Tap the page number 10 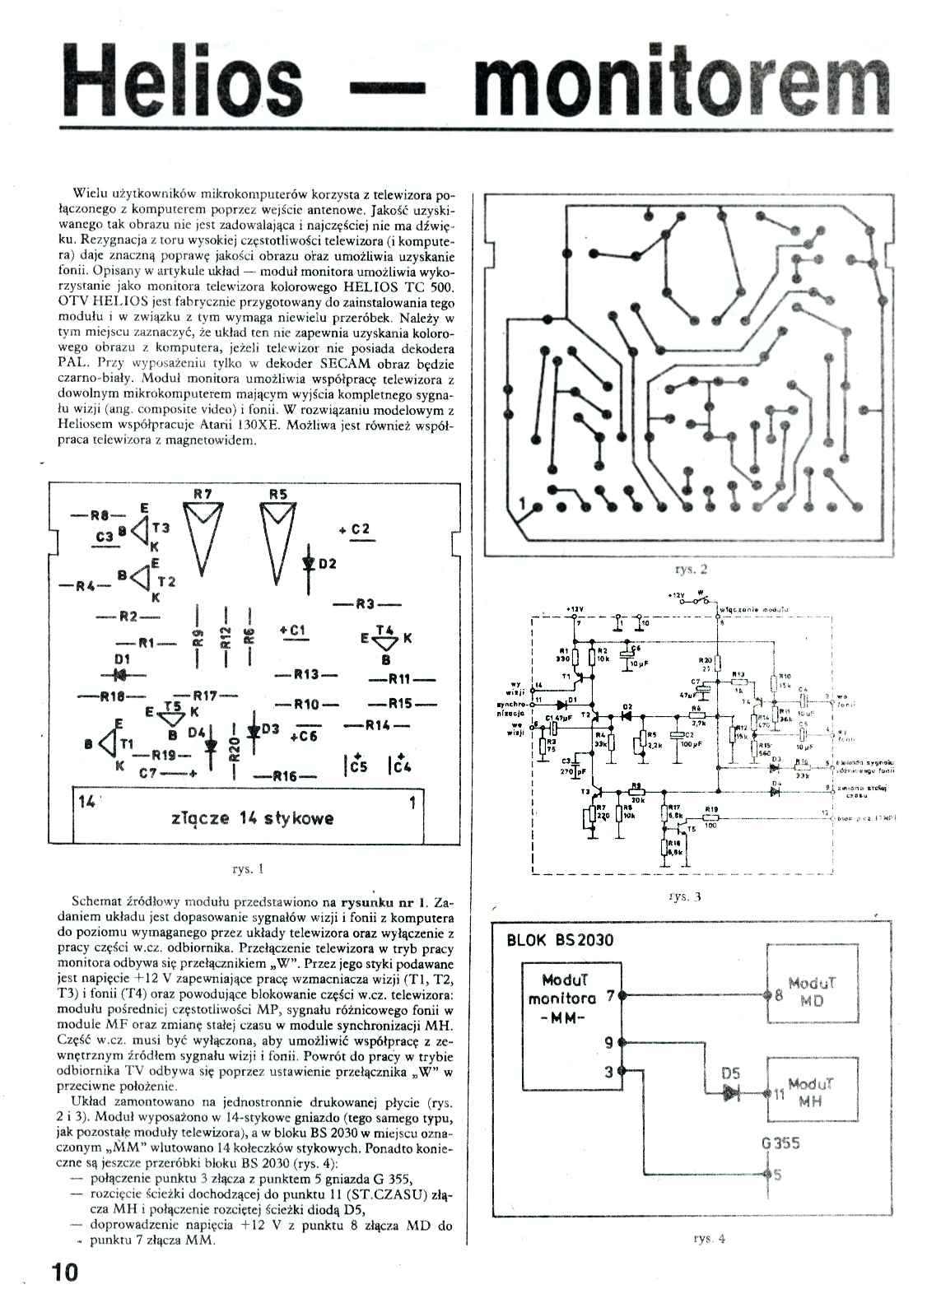coord(63,1272)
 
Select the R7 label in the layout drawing coord(203,494)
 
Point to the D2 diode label coord(328,564)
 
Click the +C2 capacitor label coord(355,529)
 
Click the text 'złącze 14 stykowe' coord(254,818)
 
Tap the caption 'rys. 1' coord(249,868)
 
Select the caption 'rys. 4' coord(709,1238)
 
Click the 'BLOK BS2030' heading coord(560,940)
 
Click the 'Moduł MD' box coord(811,993)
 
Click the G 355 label coord(781,1142)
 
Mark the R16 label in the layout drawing coord(286,776)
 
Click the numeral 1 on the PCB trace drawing coord(521,503)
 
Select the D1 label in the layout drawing coord(123,659)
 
